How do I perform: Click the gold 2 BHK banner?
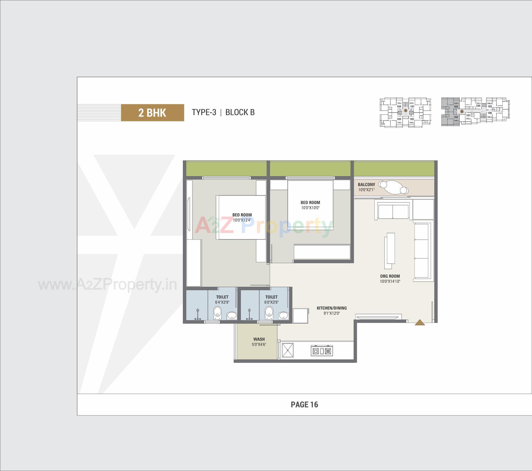point(152,113)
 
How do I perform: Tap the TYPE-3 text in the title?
point(204,112)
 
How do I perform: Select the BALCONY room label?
point(366,184)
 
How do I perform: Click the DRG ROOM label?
point(390,276)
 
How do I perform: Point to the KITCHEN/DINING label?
point(332,308)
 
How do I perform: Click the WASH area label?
point(259,339)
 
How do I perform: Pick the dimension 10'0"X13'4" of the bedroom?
point(242,220)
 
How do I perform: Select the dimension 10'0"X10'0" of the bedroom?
point(310,208)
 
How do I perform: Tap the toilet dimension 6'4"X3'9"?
point(222,302)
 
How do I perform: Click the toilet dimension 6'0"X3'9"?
point(271,302)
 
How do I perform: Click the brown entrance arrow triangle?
point(420,322)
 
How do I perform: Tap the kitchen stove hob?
point(322,351)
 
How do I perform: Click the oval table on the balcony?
point(393,187)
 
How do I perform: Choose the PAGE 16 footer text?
point(304,405)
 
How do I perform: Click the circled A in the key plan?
point(405,110)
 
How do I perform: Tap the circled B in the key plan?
point(462,112)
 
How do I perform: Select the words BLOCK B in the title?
point(240,112)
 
